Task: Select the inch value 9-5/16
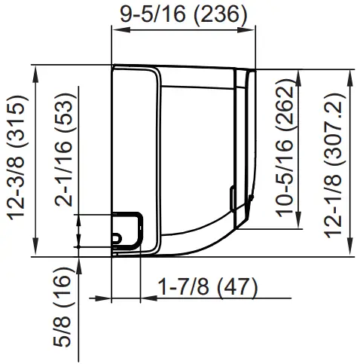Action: [x=149, y=14]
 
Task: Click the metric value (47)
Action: [x=231, y=287]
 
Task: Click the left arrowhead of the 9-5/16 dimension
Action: [x=115, y=29]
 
